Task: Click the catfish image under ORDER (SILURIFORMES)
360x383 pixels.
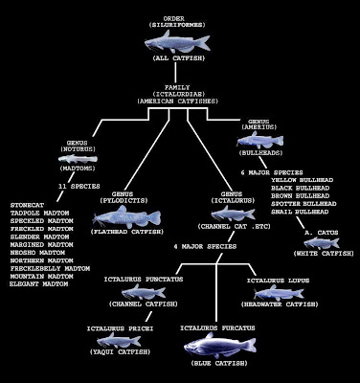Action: tap(179, 41)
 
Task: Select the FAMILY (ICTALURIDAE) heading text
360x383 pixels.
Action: tap(179, 92)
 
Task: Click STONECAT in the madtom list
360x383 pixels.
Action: tap(30, 204)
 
